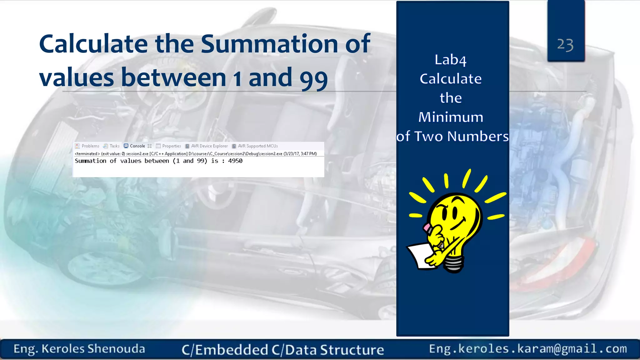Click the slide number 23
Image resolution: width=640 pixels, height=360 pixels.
[565, 45]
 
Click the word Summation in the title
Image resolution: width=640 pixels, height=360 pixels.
[269, 44]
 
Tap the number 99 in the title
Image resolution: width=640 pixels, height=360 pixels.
[313, 78]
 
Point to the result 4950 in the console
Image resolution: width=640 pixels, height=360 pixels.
[235, 161]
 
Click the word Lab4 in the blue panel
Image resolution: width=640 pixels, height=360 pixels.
[450, 60]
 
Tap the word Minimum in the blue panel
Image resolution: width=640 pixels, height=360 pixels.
[451, 117]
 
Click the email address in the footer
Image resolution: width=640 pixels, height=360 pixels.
[528, 349]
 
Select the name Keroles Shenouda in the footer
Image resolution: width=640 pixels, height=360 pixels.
[93, 349]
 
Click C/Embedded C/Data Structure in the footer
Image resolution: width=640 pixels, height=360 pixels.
[282, 350]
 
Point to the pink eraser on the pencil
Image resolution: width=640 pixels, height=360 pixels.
[426, 227]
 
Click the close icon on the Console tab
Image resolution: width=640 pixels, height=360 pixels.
[150, 146]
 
